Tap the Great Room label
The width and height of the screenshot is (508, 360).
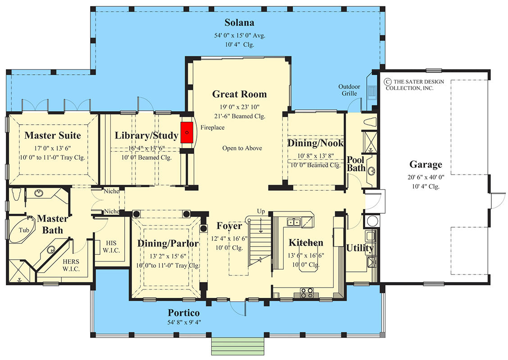(239, 94)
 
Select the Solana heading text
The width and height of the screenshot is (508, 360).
(239, 22)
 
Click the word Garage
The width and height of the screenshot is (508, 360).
(425, 164)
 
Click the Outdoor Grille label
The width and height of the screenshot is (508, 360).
(348, 90)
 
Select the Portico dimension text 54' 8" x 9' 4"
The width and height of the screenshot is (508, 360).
(184, 322)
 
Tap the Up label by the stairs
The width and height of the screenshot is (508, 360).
(260, 211)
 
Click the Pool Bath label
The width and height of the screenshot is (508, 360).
(356, 164)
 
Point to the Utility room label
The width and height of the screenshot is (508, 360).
(359, 248)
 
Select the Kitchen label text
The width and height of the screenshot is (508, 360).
(306, 243)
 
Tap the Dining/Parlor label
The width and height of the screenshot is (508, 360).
(168, 243)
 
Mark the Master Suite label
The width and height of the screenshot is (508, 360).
(53, 135)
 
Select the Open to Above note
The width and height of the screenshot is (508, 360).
(242, 148)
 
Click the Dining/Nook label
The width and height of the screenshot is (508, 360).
(315, 143)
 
